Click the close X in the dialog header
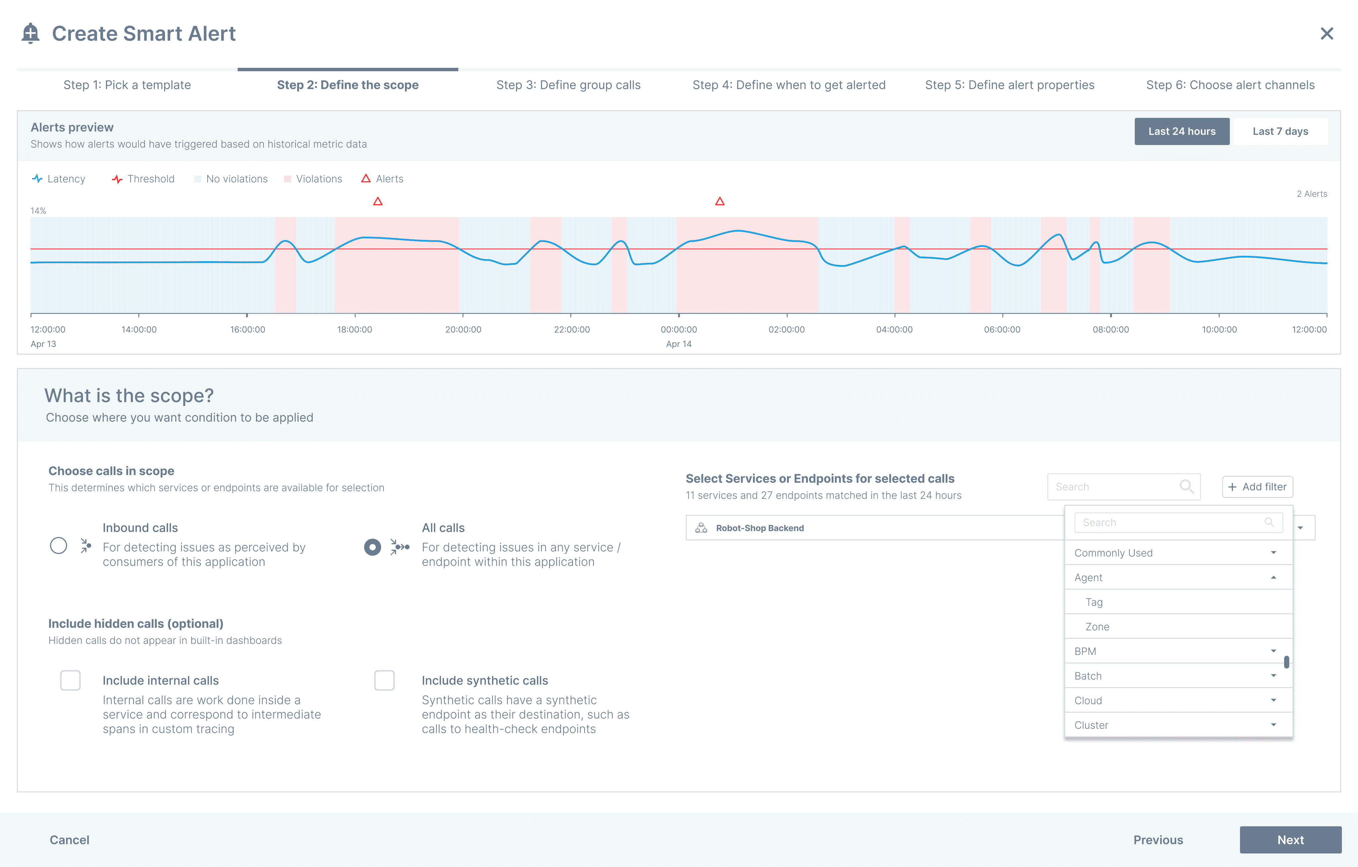pos(1327,34)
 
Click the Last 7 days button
pos(1280,131)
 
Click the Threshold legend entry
pos(143,179)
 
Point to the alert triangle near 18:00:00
pos(378,201)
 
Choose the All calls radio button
pos(372,547)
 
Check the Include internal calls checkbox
pos(71,680)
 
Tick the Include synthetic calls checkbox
pos(384,680)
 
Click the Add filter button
pos(1258,487)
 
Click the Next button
pos(1290,840)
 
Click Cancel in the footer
pos(69,840)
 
